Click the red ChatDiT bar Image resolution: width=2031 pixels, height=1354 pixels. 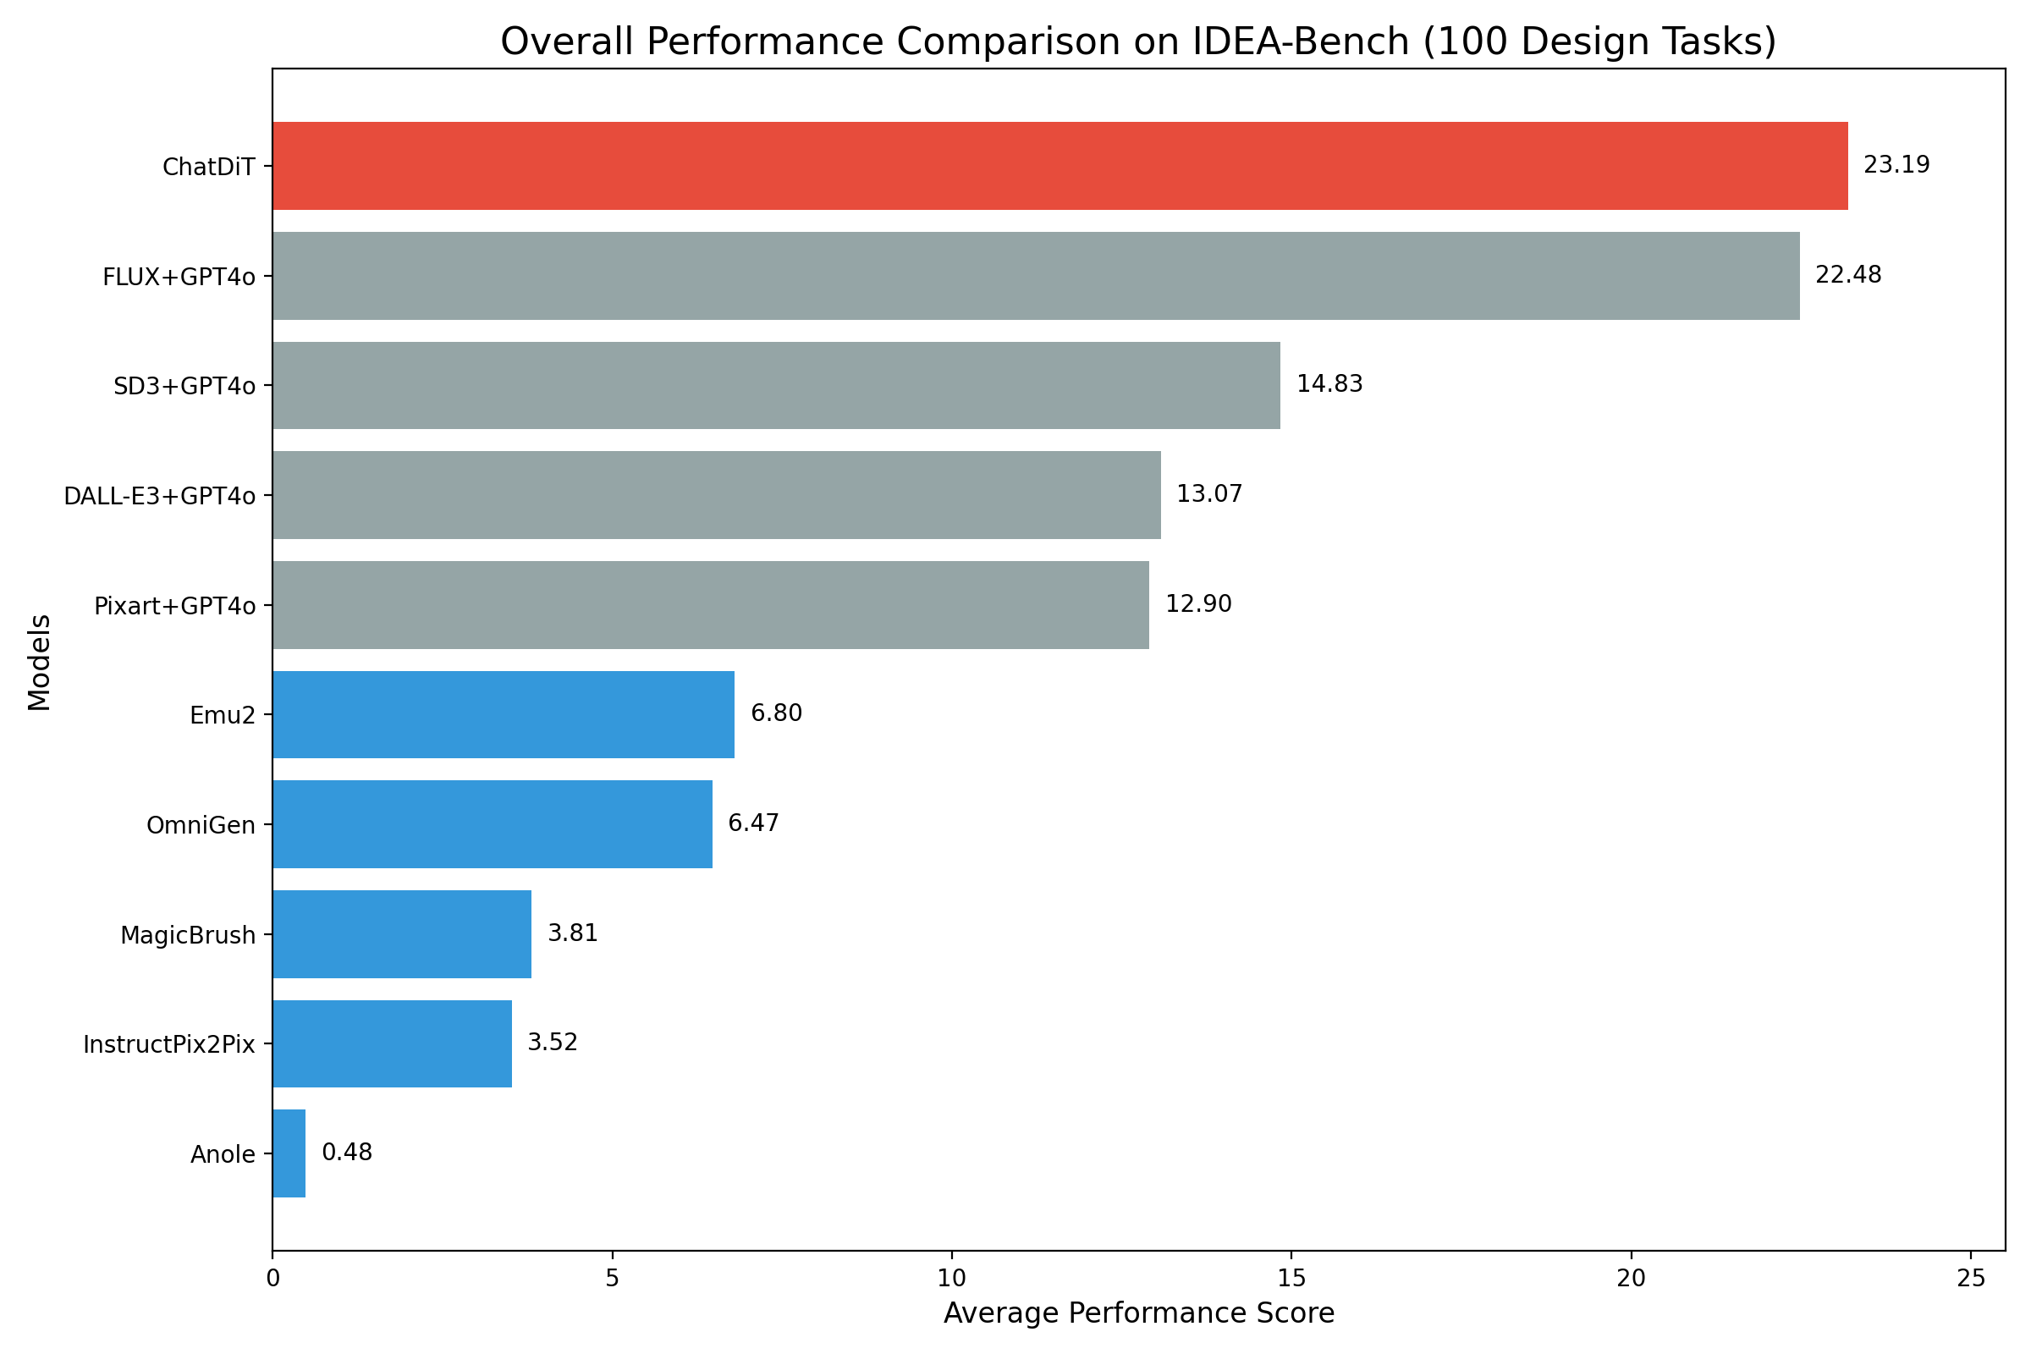(1060, 166)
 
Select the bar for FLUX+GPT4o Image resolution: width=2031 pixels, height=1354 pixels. (1035, 276)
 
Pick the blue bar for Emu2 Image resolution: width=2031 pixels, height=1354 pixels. (504, 714)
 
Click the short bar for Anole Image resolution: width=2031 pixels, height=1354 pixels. (289, 1153)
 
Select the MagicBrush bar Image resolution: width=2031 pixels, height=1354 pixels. (401, 933)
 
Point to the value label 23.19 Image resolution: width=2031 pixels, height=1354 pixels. (1896, 165)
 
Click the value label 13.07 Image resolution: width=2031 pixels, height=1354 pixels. (1209, 494)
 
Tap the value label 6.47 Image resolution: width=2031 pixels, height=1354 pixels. (753, 823)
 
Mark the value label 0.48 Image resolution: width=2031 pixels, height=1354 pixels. (347, 1153)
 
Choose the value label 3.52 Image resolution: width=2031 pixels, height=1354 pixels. (552, 1043)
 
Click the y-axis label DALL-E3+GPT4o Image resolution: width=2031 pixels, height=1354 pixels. (160, 497)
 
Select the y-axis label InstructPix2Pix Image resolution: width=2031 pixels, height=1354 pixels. (169, 1045)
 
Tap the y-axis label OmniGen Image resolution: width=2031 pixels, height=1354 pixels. (201, 826)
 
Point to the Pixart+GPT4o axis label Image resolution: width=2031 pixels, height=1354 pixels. (174, 606)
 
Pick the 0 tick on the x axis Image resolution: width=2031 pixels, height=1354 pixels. (272, 1279)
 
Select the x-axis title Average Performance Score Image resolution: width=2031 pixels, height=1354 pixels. (1138, 1313)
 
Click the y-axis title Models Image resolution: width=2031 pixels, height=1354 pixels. (40, 663)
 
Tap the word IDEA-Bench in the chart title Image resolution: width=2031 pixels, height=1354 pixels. (1301, 41)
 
